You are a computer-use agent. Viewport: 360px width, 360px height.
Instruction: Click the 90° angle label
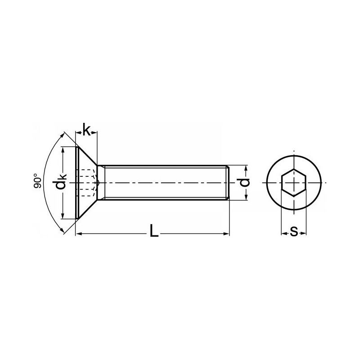37,181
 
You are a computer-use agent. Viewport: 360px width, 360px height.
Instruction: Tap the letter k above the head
86,130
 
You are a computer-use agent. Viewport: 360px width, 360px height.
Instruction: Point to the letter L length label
154,231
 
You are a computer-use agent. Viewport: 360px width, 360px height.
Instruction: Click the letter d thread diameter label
244,183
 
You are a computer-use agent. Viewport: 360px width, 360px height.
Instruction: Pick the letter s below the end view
294,231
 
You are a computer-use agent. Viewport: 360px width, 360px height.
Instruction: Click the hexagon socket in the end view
294,183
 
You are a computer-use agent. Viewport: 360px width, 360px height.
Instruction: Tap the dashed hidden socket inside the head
88,183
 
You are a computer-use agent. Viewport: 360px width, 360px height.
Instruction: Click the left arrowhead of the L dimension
79,234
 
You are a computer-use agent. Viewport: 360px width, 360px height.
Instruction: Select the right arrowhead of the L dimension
226,234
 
